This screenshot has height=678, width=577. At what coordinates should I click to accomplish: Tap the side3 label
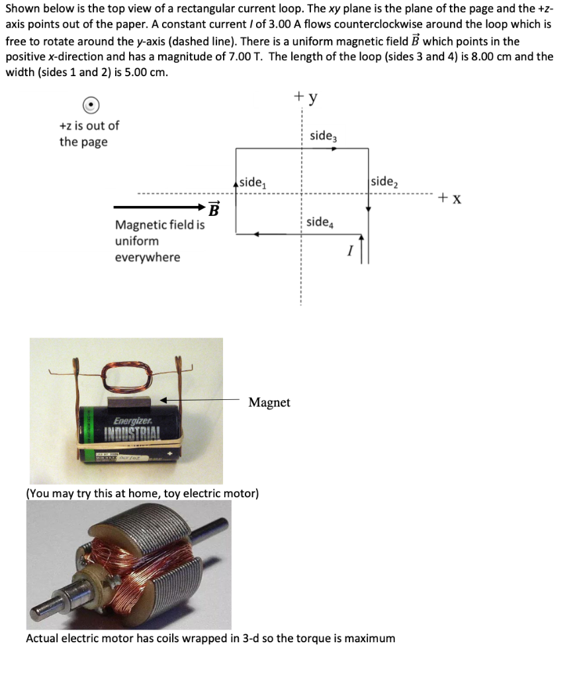(323, 136)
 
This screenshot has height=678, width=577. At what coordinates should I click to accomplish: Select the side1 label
(253, 182)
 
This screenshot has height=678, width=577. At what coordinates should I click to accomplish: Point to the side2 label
(384, 182)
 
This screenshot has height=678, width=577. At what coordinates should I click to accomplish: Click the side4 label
(320, 222)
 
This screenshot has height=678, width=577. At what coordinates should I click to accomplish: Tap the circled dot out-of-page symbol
(92, 105)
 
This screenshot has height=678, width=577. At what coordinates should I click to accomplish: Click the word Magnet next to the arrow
(269, 403)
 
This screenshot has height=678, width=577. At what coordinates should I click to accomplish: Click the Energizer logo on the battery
(132, 421)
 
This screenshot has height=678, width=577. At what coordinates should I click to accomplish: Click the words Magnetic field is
(159, 225)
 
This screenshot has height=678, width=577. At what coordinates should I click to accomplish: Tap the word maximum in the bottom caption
(369, 638)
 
